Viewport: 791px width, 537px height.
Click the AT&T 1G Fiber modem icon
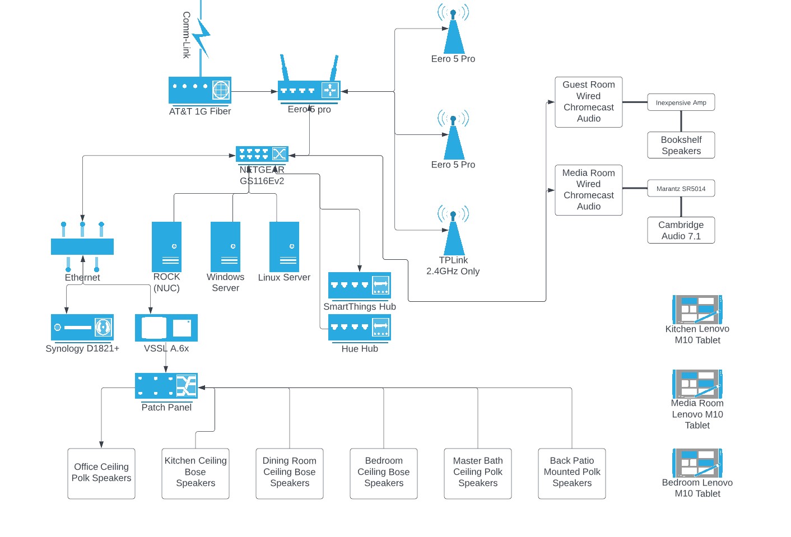200,90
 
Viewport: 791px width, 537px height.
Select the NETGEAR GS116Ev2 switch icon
262,155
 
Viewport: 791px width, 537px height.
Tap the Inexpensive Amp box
681,102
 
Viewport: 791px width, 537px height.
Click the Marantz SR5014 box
681,189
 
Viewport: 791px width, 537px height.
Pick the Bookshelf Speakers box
681,145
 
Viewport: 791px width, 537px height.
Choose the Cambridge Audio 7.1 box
681,230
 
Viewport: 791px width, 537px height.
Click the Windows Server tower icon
225,247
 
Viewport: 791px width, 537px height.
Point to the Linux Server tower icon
284,247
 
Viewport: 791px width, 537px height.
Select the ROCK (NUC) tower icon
167,247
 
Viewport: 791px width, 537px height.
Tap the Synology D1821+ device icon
82,328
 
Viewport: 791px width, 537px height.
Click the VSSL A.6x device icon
166,328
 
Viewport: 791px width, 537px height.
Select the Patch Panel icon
166,386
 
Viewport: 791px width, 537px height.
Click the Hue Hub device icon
360,328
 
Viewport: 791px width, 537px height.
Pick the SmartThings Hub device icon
360,286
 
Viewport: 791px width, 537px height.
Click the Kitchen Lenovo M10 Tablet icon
697,309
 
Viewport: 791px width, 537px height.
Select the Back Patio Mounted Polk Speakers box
572,474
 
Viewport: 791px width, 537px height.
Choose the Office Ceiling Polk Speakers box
101,474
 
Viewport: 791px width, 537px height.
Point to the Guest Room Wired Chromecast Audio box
589,102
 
